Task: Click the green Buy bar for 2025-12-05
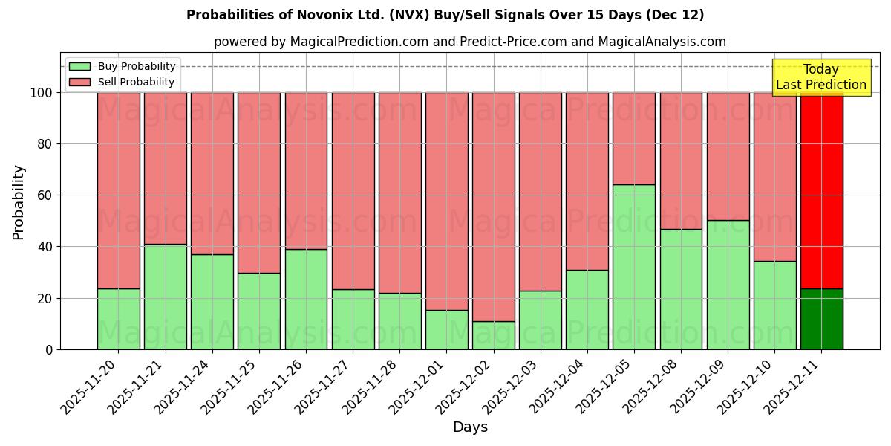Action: click(x=633, y=267)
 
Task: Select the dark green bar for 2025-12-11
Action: click(x=821, y=319)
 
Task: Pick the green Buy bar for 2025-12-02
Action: click(x=493, y=335)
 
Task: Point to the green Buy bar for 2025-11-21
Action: click(x=165, y=297)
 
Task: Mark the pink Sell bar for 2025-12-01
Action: click(x=446, y=201)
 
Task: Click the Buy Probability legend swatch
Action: click(x=79, y=67)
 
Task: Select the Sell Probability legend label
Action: click(x=137, y=83)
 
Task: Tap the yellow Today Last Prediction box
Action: click(x=820, y=77)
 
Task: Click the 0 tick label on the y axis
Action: click(x=50, y=350)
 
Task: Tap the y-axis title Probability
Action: click(x=19, y=202)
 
